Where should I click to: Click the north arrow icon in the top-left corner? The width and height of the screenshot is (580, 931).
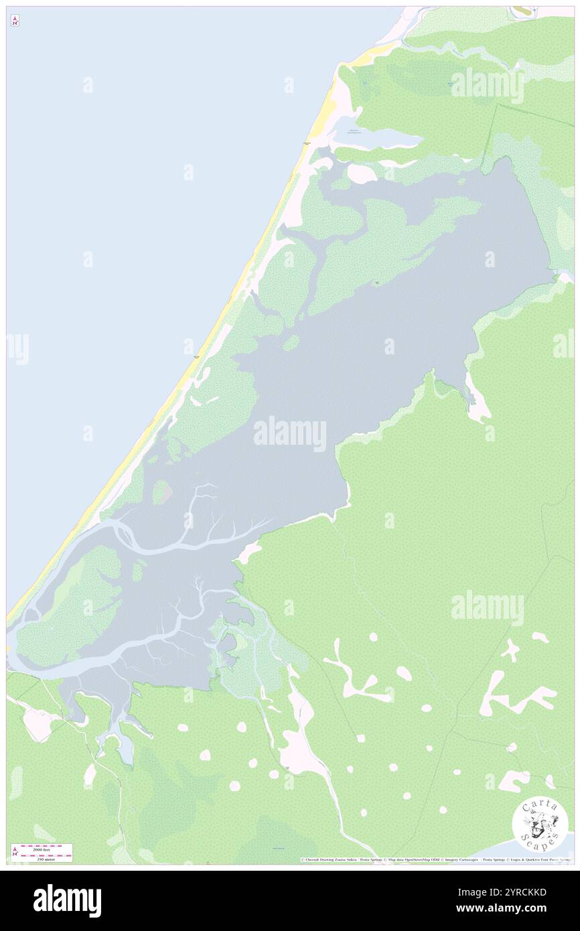tap(15, 21)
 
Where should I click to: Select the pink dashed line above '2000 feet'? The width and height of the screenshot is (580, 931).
tap(46, 846)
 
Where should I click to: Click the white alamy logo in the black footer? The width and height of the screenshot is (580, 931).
tap(67, 900)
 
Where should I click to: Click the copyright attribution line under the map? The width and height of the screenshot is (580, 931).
tap(435, 860)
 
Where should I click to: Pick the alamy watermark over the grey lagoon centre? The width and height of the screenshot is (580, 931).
tap(290, 434)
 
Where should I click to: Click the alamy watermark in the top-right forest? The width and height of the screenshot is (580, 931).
tap(487, 85)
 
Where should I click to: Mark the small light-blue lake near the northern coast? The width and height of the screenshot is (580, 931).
tap(378, 137)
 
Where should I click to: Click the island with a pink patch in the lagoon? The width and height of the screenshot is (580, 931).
tap(162, 492)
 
